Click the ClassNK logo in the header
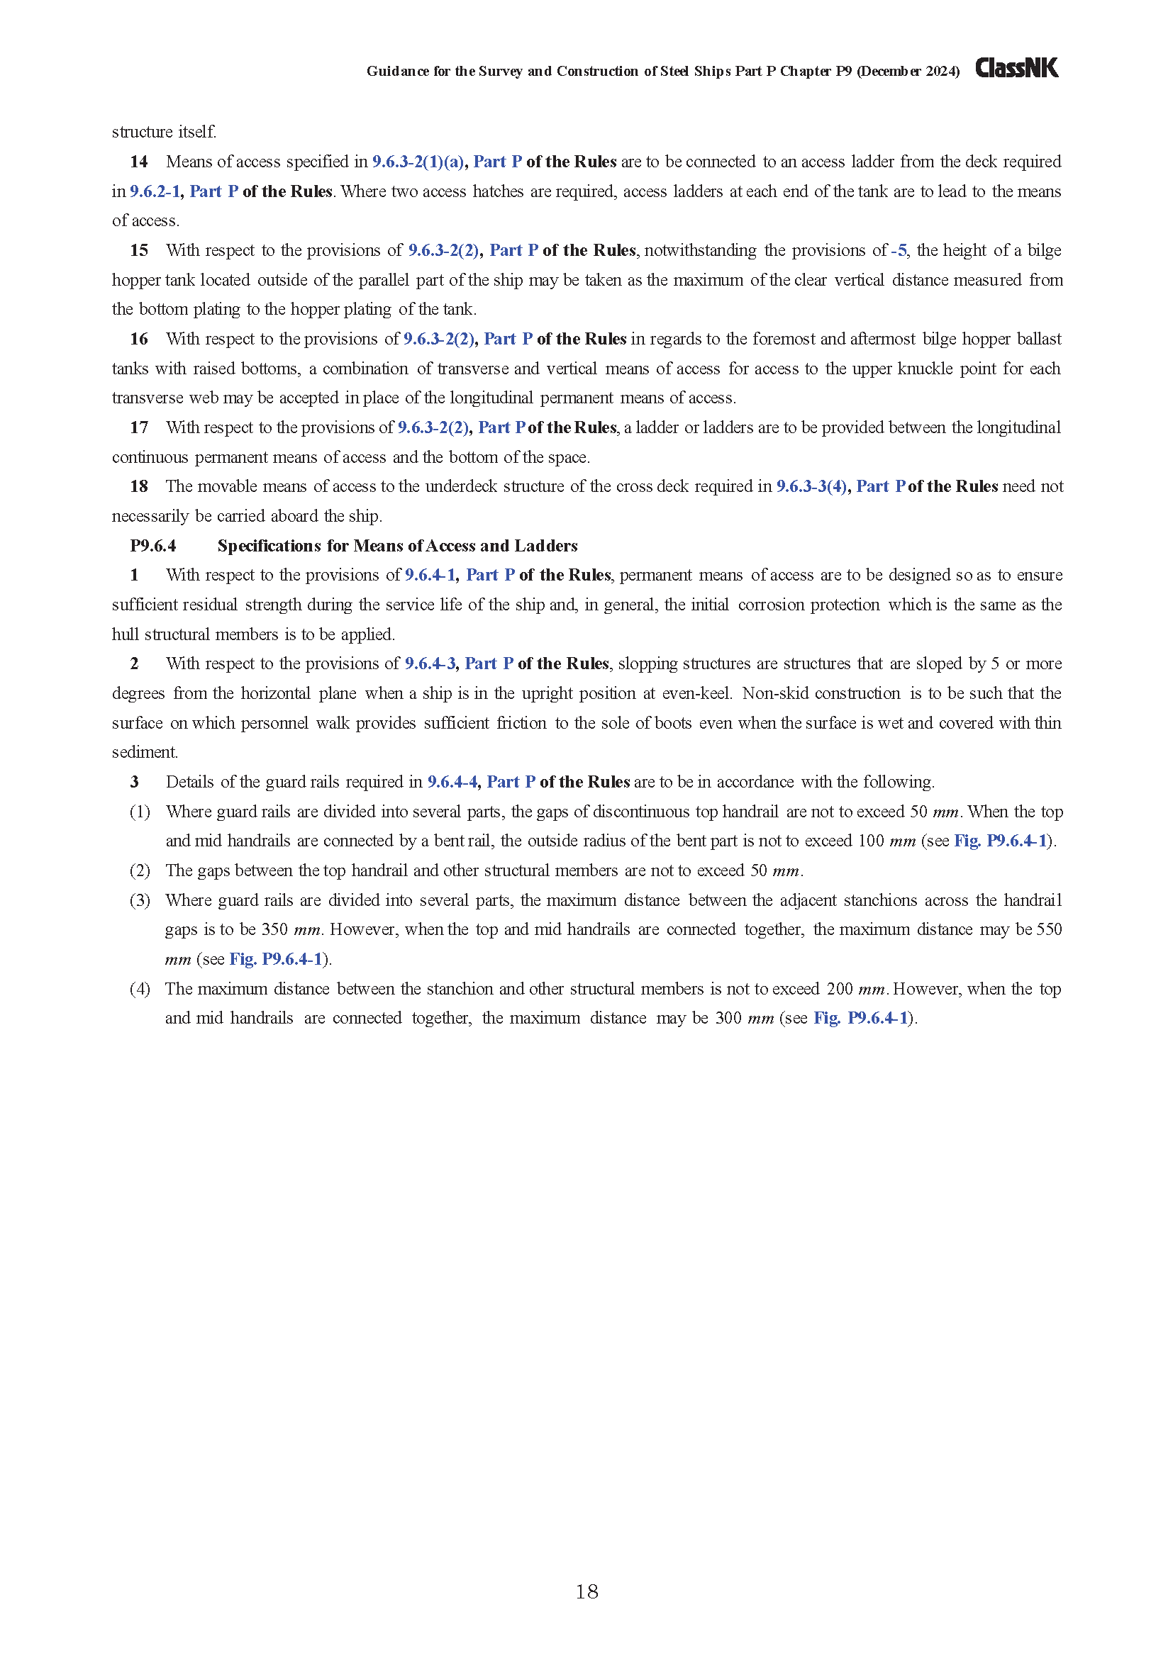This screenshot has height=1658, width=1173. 1016,69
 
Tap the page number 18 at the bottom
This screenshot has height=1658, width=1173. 586,1591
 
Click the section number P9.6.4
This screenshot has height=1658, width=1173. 153,546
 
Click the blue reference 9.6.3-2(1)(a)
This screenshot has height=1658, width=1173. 418,162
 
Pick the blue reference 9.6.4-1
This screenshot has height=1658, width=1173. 430,576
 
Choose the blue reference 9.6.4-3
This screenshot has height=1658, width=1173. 430,663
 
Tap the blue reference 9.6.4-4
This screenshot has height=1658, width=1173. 453,782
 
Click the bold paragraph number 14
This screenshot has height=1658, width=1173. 139,162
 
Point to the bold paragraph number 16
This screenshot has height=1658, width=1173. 139,340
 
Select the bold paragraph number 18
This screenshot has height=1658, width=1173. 139,487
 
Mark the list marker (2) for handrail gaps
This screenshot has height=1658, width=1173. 140,871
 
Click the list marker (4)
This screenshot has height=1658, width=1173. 140,990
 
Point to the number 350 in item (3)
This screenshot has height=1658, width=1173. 274,930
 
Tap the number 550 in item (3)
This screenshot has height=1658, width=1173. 1049,930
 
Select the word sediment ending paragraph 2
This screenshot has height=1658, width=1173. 144,753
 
